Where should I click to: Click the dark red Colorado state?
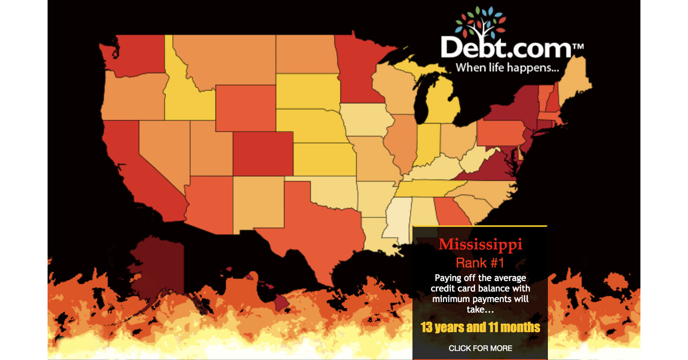[x=262, y=153]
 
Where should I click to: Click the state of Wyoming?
[x=245, y=108]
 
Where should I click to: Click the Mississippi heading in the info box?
[x=480, y=244]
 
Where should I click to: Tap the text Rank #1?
[x=480, y=263]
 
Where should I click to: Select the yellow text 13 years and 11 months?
[x=480, y=327]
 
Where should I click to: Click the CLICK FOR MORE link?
[x=480, y=348]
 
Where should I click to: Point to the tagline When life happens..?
[x=507, y=68]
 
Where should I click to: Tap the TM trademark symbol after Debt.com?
[x=578, y=46]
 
